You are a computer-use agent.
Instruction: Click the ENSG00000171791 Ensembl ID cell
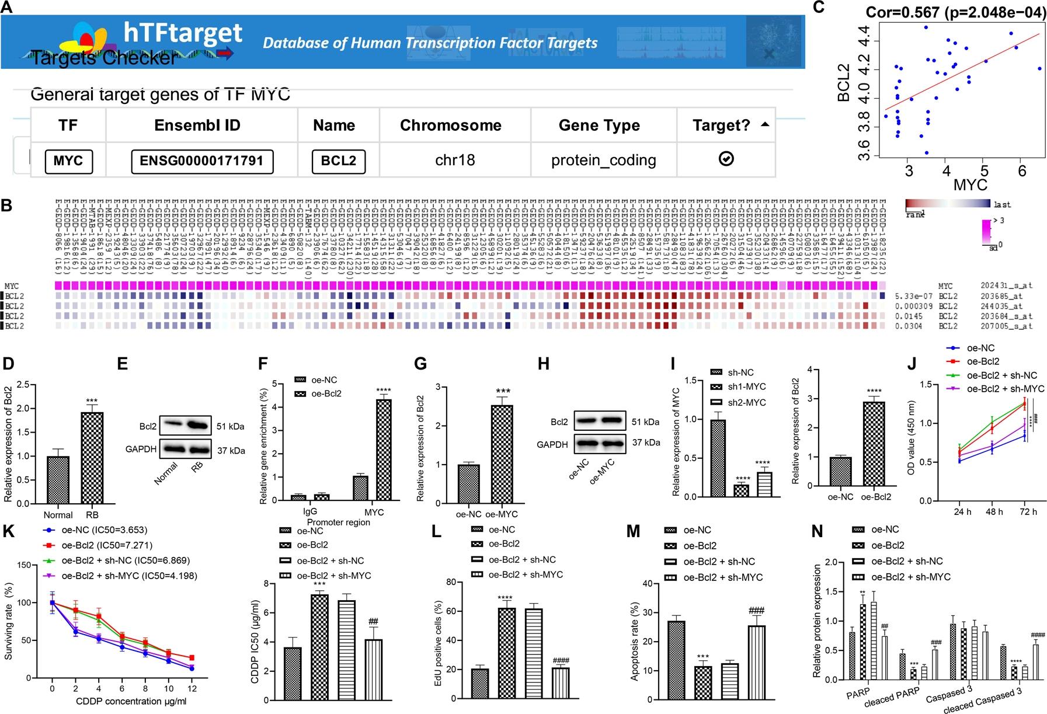[202, 161]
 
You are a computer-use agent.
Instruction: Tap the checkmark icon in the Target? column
[726, 159]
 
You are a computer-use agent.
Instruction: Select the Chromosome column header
[450, 126]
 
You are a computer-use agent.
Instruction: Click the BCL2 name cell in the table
[339, 161]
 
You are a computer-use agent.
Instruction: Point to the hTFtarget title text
[183, 33]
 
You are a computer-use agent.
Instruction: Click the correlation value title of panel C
[955, 12]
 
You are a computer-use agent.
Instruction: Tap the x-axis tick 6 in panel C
[1022, 171]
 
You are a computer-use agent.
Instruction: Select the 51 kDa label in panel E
[230, 427]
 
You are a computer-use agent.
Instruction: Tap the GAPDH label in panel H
[552, 445]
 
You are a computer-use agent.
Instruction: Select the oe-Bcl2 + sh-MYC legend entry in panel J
[1005, 389]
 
